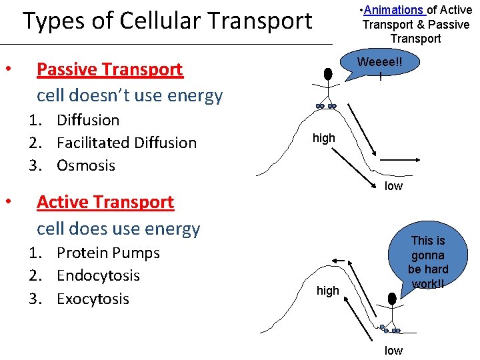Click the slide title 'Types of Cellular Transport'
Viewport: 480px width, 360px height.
(167, 21)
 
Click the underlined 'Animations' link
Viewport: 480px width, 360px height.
(394, 10)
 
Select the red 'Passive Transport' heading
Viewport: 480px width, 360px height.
(109, 69)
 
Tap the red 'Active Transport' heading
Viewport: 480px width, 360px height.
(105, 202)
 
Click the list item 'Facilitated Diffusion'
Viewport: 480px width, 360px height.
(127, 143)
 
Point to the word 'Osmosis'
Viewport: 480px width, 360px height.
(86, 165)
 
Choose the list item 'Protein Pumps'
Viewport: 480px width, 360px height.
(108, 253)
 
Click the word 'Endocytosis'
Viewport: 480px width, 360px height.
(98, 276)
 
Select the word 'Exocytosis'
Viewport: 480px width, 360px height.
(93, 299)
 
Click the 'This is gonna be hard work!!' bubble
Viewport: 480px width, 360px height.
(427, 262)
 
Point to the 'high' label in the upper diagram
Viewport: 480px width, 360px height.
(324, 138)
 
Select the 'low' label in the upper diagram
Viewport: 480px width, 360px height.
(393, 186)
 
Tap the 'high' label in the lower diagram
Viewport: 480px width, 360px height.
(328, 291)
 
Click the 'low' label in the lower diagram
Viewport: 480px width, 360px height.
(393, 351)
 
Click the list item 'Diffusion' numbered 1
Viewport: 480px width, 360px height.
(88, 121)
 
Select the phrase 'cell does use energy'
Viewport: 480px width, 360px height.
(118, 229)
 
